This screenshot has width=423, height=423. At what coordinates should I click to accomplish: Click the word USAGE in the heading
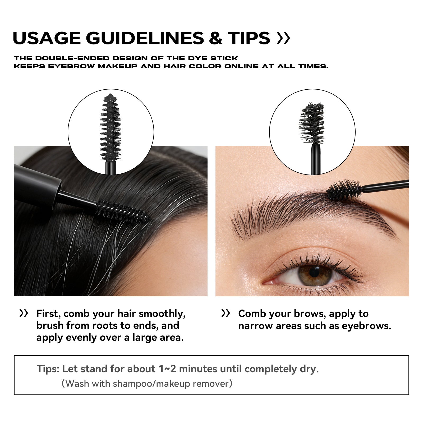[x=47, y=38]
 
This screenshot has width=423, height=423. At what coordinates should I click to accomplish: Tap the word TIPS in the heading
[x=249, y=38]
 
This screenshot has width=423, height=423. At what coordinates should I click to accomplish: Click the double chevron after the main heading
[x=283, y=38]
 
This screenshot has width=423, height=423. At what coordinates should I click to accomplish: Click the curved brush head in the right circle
[x=312, y=123]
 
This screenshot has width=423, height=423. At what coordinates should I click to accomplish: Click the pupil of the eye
[x=314, y=272]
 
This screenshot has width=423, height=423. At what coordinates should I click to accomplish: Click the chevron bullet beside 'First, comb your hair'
[x=24, y=314]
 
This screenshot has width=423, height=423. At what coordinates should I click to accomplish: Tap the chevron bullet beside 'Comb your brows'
[x=226, y=314]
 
